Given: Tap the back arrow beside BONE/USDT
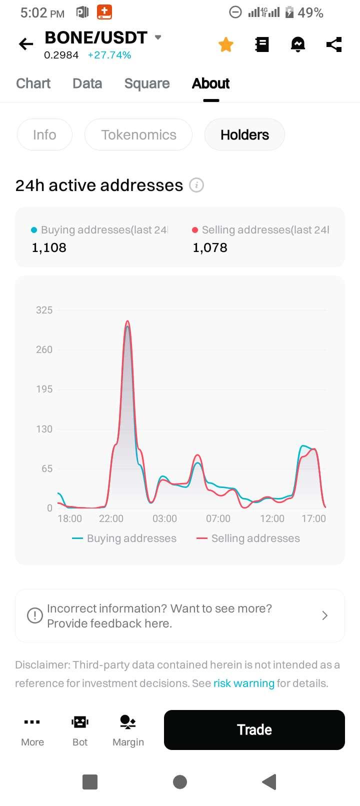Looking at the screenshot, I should coord(26,44).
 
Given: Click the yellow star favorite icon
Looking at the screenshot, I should coord(226,44).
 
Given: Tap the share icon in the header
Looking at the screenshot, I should coord(334,44).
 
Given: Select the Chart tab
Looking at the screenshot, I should coord(33,83).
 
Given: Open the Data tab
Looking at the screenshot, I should coord(87,83).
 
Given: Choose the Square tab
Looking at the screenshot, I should coord(147,83).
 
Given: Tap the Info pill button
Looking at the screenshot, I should coord(44,135).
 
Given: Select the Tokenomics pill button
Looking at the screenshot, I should coord(138,135).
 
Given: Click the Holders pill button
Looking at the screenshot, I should coord(244,135).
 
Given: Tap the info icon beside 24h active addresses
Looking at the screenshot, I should coord(196,185).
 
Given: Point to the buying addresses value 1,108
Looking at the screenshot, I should coord(49,247).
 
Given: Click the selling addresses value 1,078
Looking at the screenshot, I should coord(210,247).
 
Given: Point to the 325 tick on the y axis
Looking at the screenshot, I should coord(44,310).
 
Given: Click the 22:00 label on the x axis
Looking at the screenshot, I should coord(111,518).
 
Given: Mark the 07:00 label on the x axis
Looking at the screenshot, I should coord(218,518).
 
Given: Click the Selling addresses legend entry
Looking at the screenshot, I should coord(249,538).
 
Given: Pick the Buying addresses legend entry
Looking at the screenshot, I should coord(124,538).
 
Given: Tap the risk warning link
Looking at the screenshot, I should coord(244,683).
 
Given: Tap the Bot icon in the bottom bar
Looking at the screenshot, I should coord(80,729).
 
